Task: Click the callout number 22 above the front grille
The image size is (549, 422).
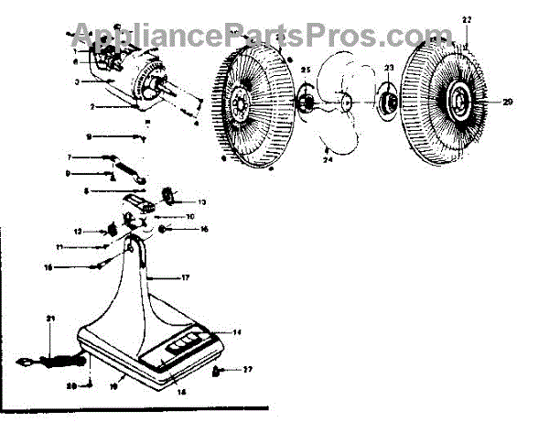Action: pos(467,19)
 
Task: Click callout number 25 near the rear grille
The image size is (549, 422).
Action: pos(306,70)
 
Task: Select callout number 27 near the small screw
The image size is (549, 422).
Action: pos(246,371)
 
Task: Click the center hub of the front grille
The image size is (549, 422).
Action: pos(457,98)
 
